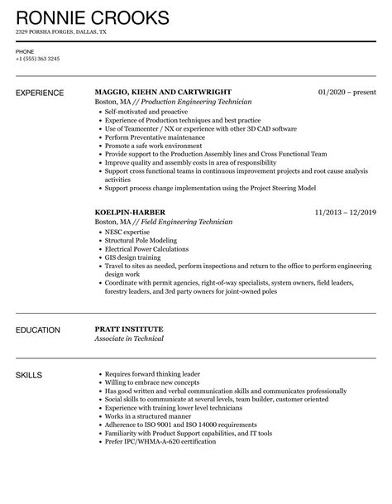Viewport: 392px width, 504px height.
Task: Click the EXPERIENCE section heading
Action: [41, 92]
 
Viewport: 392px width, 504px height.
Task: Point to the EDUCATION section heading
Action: [38, 330]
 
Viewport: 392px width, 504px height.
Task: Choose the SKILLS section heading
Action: [31, 375]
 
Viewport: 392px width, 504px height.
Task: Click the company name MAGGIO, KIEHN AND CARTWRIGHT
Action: [163, 92]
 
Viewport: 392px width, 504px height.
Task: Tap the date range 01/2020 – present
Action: [348, 92]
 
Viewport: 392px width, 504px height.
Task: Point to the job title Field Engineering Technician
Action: [179, 223]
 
